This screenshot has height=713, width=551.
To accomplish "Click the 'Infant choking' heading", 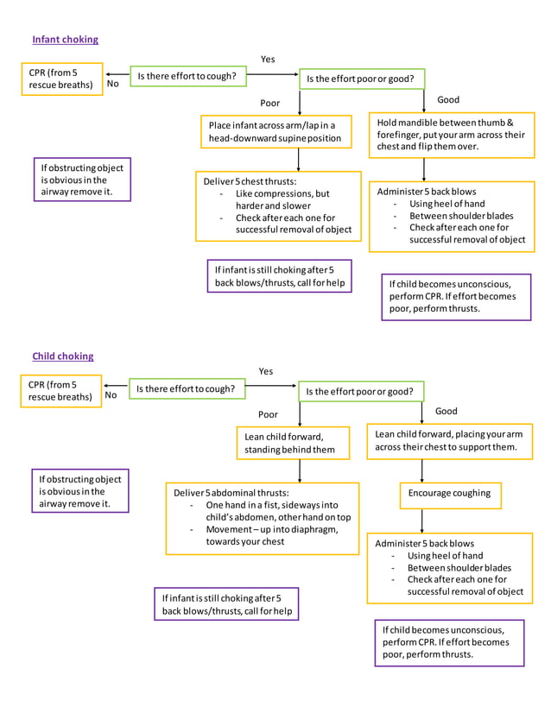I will point(65,40).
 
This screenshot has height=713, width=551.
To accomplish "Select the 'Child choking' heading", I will point(62,356).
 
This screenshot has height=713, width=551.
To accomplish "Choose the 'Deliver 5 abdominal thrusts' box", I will point(262,517).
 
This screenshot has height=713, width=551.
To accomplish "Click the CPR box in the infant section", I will point(62,79).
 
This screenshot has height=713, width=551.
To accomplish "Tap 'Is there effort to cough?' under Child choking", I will point(185,389).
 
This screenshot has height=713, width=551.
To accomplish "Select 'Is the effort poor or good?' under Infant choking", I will point(361,79).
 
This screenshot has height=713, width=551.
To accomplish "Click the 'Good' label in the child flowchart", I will point(446,411).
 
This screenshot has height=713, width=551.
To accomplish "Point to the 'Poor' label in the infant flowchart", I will point(270,103).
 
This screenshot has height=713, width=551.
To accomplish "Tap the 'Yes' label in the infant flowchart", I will point(268,59).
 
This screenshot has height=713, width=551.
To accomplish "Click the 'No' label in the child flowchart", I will point(111,395).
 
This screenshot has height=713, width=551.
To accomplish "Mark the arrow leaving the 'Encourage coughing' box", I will point(422,521).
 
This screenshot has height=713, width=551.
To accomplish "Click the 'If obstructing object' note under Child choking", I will point(79,491).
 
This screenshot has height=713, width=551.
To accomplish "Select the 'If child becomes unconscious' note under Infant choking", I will point(455,296).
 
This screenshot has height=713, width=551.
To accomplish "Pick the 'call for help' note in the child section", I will point(228,604).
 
